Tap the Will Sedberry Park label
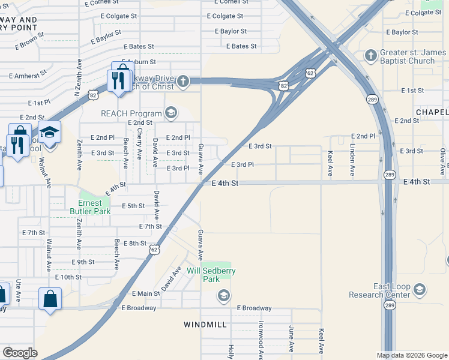pyautogui.click(x=211, y=275)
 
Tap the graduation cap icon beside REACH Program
pyautogui.click(x=171, y=113)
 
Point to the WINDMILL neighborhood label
pyautogui.click(x=205, y=324)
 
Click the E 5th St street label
pyautogui.click(x=133, y=206)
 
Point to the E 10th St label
pyautogui.click(x=68, y=277)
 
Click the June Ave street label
pyautogui.click(x=292, y=339)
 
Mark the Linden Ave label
pyautogui.click(x=353, y=155)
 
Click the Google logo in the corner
pyautogui.click(x=20, y=353)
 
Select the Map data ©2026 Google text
pyautogui.click(x=411, y=355)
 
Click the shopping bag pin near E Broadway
pyautogui.click(x=50, y=299)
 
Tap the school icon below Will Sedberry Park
pyautogui.click(x=223, y=295)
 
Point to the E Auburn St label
pyautogui.click(x=139, y=62)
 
